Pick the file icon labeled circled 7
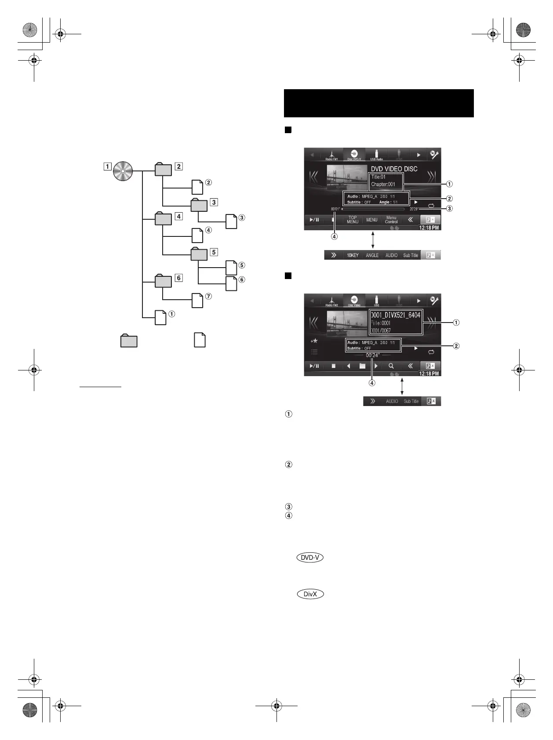pos(198,300)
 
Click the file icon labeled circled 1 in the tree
pos(161,317)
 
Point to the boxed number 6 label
pos(178,278)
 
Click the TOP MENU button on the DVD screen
pos(353,220)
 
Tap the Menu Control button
pos(391,220)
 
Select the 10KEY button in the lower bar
pos(353,255)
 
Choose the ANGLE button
pos(372,255)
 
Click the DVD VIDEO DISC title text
pos(394,169)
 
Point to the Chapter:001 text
pos(383,184)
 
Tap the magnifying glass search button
pos(391,366)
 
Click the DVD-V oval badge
pos(310,558)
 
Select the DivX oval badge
pos(310,594)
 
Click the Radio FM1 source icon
pos(332,155)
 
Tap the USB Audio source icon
pos(376,155)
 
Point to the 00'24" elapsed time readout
pos(372,355)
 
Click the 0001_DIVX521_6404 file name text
pos(396,315)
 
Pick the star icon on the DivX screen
pos(314,341)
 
